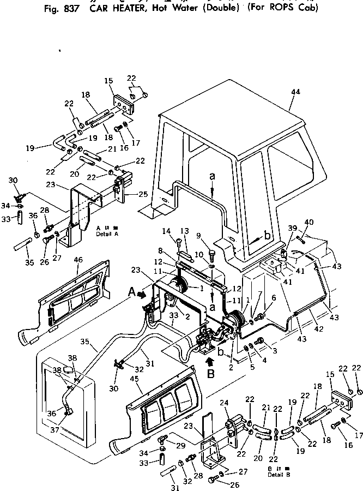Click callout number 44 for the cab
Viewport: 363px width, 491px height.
pos(295,92)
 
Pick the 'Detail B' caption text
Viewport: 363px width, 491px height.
pos(279,474)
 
